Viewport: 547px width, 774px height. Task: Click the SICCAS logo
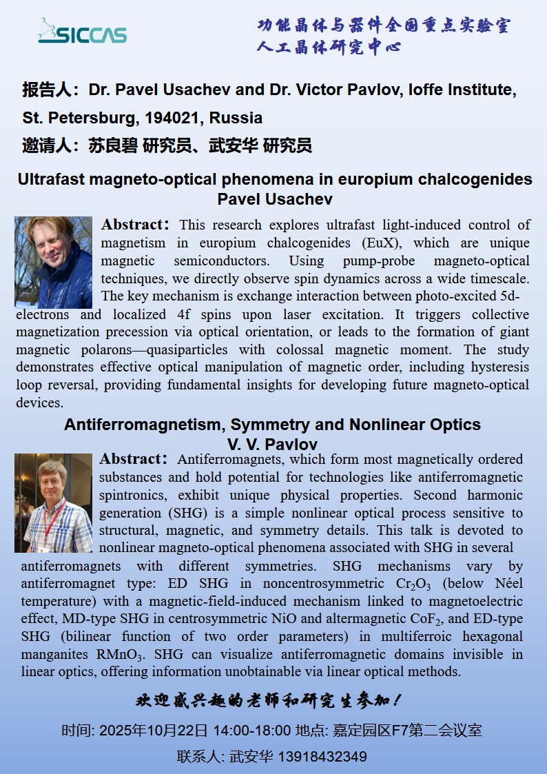tap(82, 32)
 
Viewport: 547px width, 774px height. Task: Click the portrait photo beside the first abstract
tap(53, 262)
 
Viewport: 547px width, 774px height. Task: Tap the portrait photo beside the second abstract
tap(53, 502)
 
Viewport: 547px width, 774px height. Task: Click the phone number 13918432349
tap(322, 757)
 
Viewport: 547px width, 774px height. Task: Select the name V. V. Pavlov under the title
tap(272, 444)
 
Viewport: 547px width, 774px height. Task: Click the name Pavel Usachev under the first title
tap(275, 199)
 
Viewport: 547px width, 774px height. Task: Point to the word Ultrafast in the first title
tap(52, 180)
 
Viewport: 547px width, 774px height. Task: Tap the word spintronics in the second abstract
tap(136, 495)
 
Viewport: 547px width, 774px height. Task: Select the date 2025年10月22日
tap(154, 731)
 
